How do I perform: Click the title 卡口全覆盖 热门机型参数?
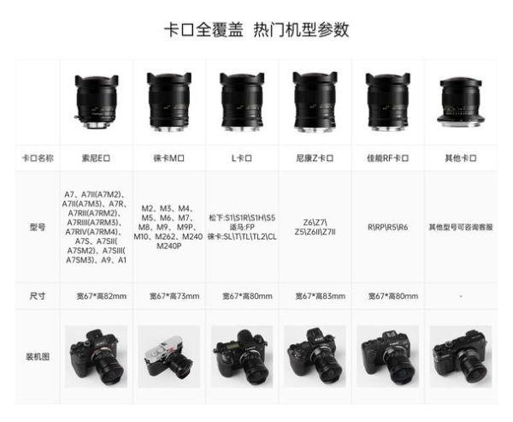coord(256,30)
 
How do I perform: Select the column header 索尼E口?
coord(97,159)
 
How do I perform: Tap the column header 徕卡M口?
coord(169,159)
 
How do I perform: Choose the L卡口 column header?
coord(242,159)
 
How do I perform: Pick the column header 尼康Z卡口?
coord(315,159)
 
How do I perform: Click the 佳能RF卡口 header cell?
coord(388,159)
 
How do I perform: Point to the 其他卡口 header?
coord(461,159)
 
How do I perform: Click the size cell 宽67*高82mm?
coord(97,296)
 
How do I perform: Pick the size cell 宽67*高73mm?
coord(169,296)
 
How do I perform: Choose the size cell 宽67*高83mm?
coord(315,296)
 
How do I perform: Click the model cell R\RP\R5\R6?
coord(388,227)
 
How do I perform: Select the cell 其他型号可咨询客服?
coord(461,227)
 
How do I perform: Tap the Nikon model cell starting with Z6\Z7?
coord(315,227)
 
